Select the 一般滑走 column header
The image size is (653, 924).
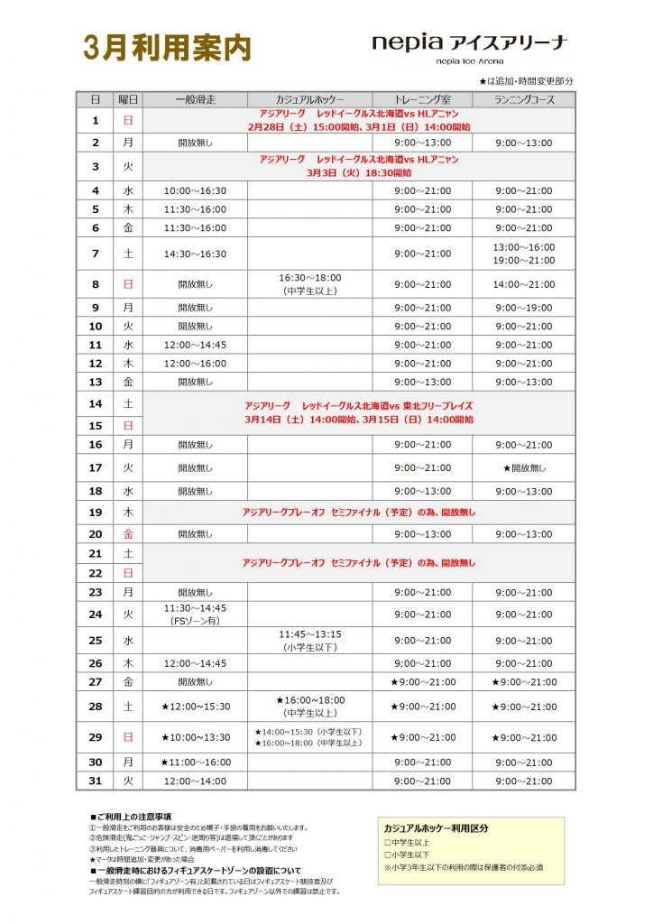click(195, 99)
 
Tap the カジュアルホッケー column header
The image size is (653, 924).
click(309, 99)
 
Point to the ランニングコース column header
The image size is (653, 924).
click(523, 99)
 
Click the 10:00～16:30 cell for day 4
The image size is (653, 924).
click(195, 190)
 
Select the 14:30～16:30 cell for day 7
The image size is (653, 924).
click(195, 254)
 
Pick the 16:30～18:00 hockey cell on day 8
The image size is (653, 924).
click(309, 284)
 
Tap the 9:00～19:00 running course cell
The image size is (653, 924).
click(523, 307)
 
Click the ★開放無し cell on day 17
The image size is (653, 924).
click(523, 467)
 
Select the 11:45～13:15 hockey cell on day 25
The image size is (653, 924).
click(309, 641)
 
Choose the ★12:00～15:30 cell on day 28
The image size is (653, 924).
click(195, 707)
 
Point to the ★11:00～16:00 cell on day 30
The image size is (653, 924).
click(195, 762)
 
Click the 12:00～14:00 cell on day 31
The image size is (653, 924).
click(195, 781)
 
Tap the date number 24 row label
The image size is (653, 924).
click(96, 614)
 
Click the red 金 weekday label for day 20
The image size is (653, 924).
click(128, 534)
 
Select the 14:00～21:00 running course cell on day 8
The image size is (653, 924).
click(523, 284)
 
